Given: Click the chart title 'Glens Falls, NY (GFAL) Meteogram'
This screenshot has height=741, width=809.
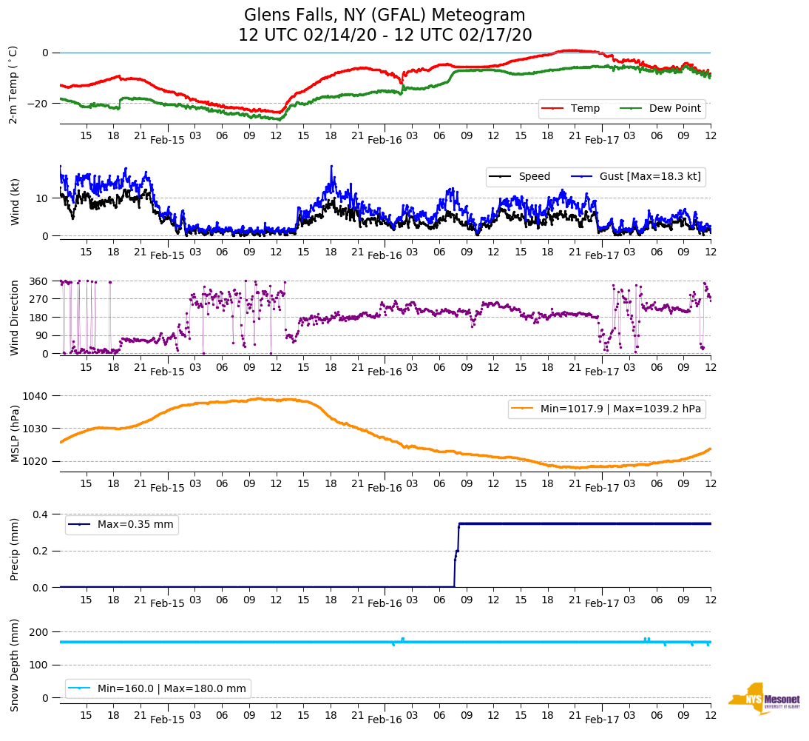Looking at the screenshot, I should (x=385, y=16).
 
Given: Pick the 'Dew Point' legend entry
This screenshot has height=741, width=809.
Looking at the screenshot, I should (x=674, y=109).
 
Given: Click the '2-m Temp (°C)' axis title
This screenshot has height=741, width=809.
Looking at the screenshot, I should (x=13, y=84).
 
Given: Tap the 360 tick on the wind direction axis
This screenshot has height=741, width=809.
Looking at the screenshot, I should (x=38, y=281).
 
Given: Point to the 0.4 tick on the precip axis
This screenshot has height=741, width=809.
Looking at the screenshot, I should (x=40, y=514).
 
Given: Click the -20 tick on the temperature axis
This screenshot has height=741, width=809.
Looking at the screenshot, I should (x=38, y=104).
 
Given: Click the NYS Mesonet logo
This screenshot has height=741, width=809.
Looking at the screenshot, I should (x=764, y=699).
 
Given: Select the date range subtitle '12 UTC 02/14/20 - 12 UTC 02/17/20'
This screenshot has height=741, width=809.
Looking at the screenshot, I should (x=385, y=36).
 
